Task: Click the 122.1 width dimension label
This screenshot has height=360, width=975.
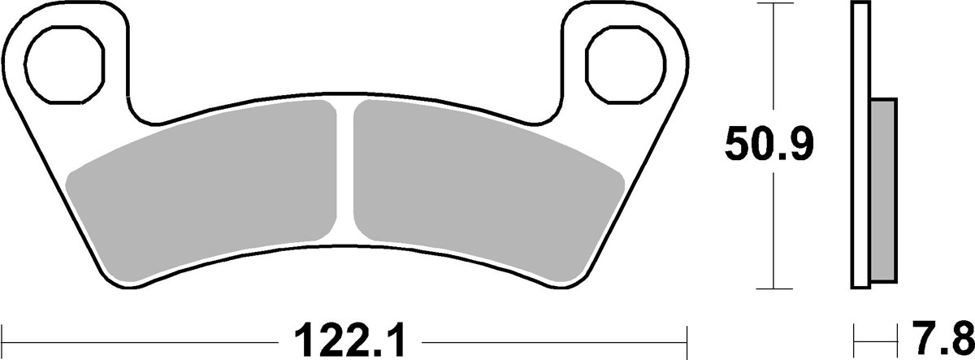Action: point(347,336)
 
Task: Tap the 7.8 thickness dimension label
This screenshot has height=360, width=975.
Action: point(949,336)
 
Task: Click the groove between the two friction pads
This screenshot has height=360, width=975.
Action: point(346,171)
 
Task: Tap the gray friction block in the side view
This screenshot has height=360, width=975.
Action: point(883,191)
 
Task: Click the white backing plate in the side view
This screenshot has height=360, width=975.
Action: point(861,146)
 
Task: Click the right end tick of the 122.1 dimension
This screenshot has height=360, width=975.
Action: point(687,335)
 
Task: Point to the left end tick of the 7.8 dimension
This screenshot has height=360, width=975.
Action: point(853,335)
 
